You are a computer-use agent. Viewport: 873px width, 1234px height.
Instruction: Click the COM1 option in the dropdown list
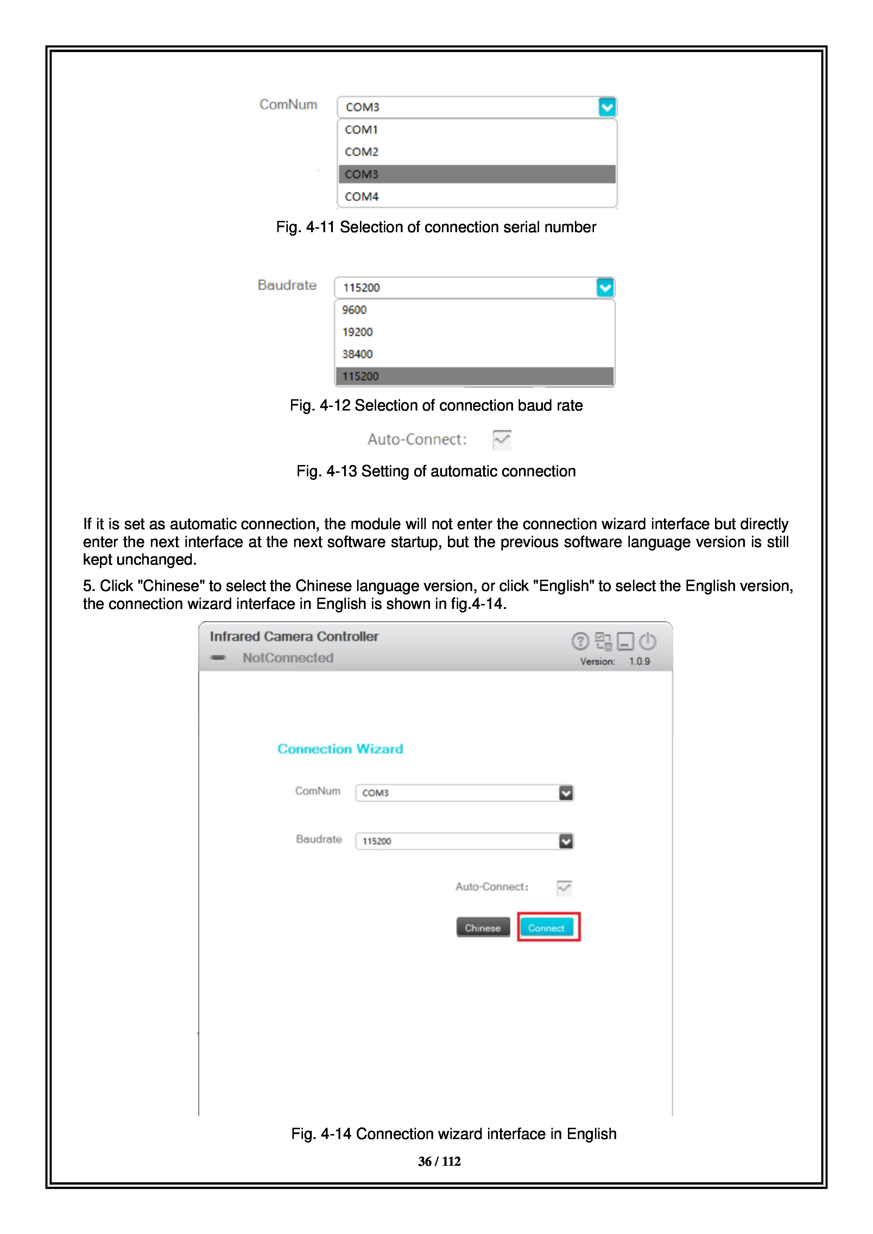361,129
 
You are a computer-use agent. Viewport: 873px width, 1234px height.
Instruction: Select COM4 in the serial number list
361,197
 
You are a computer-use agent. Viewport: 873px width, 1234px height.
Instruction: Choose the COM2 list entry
361,152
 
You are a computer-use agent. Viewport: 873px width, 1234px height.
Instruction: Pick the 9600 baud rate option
354,310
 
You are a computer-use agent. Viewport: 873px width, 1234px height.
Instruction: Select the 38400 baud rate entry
358,354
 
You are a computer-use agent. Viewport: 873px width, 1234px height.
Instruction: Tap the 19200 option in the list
358,332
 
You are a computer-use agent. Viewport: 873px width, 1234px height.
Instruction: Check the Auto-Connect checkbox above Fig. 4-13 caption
501,440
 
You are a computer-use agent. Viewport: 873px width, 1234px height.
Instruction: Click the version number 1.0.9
639,662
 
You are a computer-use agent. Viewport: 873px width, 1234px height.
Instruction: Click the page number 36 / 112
439,1162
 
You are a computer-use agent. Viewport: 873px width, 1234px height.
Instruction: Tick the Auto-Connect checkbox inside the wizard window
564,888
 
